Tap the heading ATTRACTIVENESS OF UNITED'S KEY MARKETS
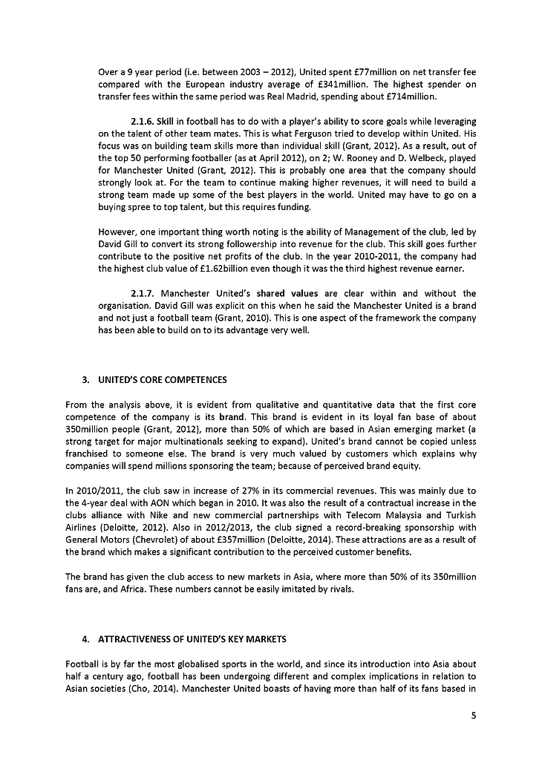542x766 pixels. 192,639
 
